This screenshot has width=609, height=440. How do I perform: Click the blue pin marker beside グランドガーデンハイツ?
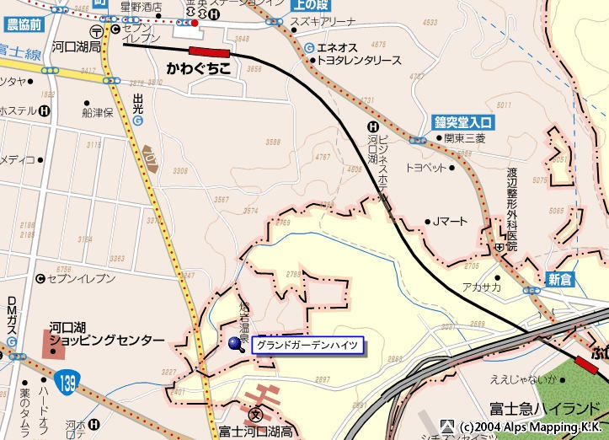click(235, 342)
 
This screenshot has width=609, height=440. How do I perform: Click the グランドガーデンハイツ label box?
click(307, 345)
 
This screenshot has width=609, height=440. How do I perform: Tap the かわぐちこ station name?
click(198, 67)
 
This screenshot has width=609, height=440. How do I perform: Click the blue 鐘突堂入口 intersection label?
click(463, 121)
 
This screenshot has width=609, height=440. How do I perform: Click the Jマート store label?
click(450, 222)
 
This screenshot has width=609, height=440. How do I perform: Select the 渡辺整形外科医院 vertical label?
click(511, 207)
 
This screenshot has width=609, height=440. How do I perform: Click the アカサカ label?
click(481, 287)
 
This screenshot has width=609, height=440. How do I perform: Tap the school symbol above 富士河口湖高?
click(256, 415)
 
